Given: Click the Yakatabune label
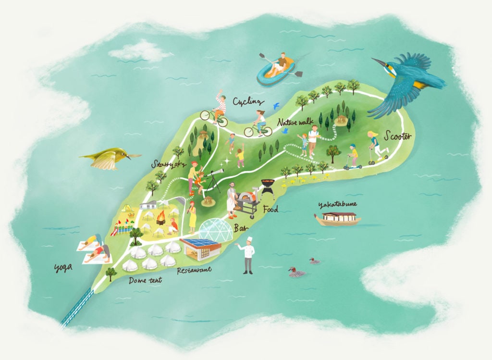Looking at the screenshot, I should (338, 205).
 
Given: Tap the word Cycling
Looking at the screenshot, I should (248, 102).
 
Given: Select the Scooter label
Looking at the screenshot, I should (398, 137).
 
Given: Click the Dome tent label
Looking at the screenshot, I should (145, 280).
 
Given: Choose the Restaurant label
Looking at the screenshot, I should (194, 270).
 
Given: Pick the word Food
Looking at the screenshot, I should (271, 209).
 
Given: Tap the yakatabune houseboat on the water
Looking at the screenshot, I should (338, 219).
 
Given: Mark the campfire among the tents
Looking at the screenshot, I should (161, 220).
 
